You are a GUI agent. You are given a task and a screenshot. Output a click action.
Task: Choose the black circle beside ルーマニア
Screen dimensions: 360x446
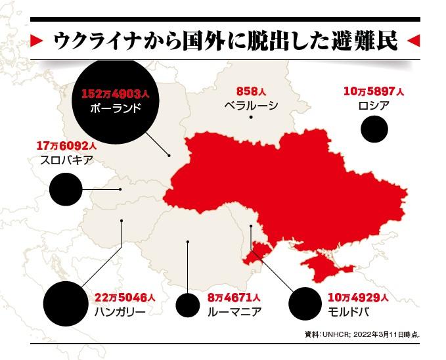(x=188, y=305)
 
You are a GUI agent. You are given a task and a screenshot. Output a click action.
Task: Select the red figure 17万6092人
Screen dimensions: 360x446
(x=67, y=146)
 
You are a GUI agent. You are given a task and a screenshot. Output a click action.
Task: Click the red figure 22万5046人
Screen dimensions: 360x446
(x=124, y=298)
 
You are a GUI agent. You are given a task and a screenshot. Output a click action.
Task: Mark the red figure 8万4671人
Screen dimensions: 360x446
(x=234, y=298)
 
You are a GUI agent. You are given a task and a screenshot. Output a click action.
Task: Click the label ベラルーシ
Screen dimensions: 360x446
(x=251, y=105)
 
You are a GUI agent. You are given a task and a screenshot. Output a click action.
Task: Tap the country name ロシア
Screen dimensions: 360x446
(x=374, y=105)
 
